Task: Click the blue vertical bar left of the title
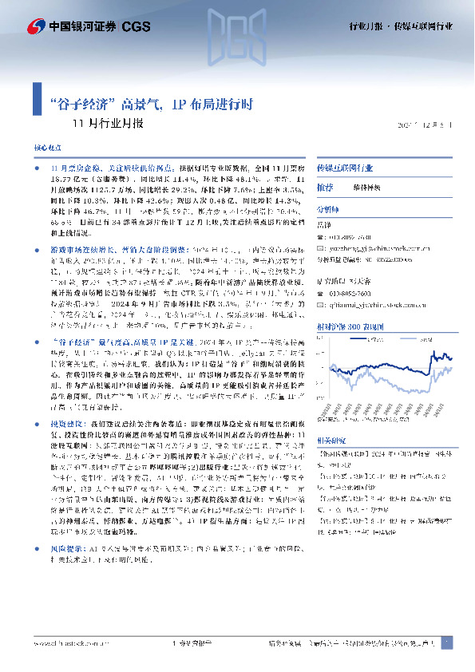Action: point(38,98)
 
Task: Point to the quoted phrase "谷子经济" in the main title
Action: point(82,104)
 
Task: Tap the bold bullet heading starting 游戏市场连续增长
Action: point(87,226)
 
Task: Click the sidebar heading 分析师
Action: point(327,210)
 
